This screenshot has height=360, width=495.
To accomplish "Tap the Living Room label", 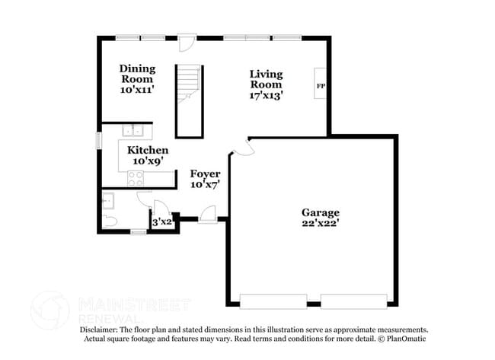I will (x=267, y=79).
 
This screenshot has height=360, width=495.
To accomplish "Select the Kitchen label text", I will (x=147, y=150).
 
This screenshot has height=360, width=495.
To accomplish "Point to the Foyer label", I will (x=205, y=174).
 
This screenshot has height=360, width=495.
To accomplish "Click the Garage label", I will (x=320, y=212).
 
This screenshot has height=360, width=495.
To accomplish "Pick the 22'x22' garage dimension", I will (x=320, y=224).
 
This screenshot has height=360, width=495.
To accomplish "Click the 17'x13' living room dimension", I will (x=267, y=96).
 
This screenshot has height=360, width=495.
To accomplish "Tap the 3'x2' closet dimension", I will (x=161, y=222).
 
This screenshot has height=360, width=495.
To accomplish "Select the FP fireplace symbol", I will (x=321, y=87).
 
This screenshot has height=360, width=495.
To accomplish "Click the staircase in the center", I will (x=189, y=99).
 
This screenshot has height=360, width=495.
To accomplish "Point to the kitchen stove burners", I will (x=136, y=178).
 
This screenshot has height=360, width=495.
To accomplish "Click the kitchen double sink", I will (x=134, y=129).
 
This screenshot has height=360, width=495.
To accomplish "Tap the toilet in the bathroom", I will (x=110, y=221).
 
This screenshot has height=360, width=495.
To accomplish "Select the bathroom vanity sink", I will (x=107, y=200).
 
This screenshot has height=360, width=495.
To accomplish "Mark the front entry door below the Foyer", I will (x=206, y=219).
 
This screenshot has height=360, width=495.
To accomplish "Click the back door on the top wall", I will (x=185, y=40).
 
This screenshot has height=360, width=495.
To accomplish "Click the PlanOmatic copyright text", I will (x=404, y=339).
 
